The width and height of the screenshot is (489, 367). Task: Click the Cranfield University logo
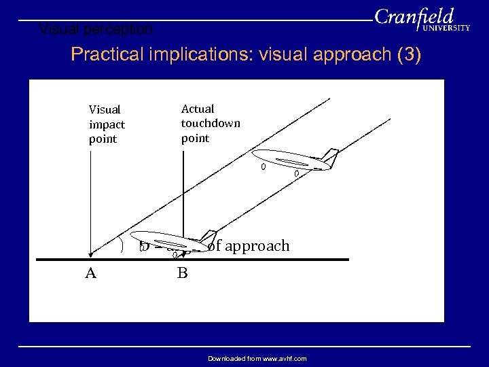[x=421, y=19]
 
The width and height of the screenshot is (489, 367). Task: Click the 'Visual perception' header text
[x=96, y=30]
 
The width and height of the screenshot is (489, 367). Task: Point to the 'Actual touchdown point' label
[x=210, y=123]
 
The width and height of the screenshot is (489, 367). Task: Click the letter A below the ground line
[x=90, y=273]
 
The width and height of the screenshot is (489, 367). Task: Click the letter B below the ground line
[x=182, y=273]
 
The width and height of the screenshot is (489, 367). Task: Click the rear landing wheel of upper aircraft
[x=297, y=174]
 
